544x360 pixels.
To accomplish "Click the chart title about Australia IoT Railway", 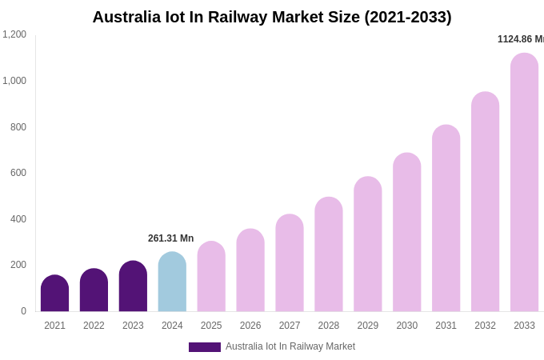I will (x=272, y=17).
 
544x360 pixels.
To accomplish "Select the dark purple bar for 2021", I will (x=54, y=294).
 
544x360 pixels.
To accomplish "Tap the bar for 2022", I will (x=94, y=290).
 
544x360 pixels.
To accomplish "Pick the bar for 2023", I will (x=133, y=286).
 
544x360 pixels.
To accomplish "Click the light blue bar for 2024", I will (x=172, y=282).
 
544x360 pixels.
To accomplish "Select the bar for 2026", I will (x=250, y=270).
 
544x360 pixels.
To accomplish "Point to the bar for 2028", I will (x=329, y=254).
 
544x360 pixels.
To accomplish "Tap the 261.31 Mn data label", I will (x=170, y=238).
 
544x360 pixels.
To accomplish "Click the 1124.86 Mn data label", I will (x=520, y=39).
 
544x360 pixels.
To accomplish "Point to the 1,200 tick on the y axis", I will (x=14, y=34).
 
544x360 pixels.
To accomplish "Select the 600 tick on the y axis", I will (x=18, y=173).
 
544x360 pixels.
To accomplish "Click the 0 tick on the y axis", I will (x=23, y=311).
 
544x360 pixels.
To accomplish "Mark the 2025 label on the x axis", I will (x=211, y=326).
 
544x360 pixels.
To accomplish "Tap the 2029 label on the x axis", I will (x=368, y=326).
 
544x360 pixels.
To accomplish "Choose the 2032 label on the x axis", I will (x=485, y=326).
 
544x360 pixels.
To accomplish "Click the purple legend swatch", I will (x=205, y=347).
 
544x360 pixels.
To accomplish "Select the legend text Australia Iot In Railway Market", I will (x=290, y=346).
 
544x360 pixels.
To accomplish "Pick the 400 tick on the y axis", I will (x=18, y=219).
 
